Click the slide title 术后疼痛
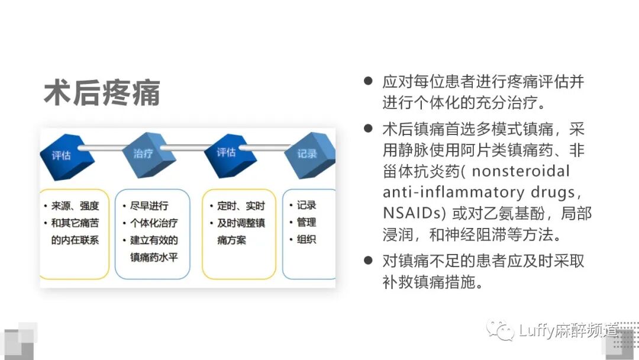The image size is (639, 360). pos(102,93)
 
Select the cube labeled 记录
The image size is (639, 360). pos(308,155)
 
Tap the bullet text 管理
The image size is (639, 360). pos(306,223)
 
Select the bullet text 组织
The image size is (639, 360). pos(306,240)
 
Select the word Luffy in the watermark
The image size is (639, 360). pos(536,330)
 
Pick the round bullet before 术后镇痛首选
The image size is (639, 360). pos(369,128)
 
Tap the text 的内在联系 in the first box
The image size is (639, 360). pos(75,240)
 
